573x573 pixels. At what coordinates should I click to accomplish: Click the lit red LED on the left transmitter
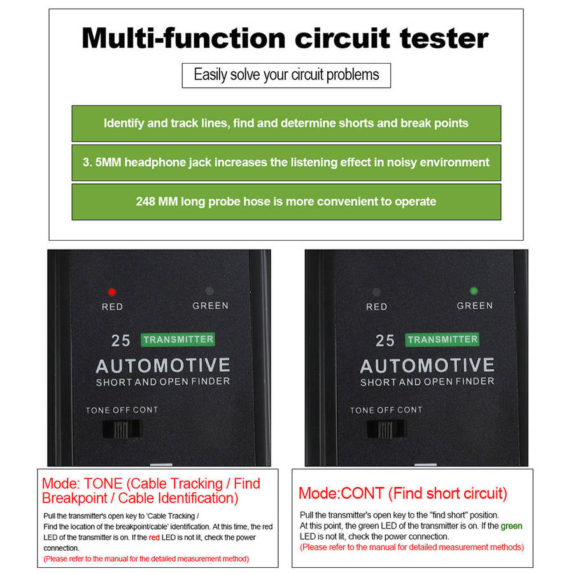pos(112,292)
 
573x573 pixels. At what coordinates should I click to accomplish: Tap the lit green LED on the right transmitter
pos(474,291)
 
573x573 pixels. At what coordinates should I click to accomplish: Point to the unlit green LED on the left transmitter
pos(209,291)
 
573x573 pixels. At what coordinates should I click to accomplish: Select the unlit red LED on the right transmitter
pos(376,292)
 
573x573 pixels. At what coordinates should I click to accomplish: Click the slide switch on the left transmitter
pos(122,429)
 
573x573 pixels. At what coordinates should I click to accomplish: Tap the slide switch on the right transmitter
pos(386,429)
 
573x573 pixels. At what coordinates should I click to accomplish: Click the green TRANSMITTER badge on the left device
pos(178,339)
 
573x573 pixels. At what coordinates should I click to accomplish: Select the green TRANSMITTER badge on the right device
pos(442,339)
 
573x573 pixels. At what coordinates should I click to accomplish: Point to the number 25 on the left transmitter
pos(120,341)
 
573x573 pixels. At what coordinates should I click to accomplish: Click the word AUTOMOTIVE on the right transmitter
pos(427,366)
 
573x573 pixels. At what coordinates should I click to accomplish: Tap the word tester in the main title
pos(444,38)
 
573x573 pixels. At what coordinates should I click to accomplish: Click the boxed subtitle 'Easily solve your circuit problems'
pos(286,76)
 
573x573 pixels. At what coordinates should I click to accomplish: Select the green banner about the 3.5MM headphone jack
pos(286,162)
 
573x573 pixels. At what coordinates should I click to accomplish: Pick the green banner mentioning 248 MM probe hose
pos(286,202)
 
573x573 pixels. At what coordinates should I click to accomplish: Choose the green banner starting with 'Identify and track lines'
pos(286,124)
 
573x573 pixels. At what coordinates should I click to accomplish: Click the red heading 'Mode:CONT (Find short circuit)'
pos(403,493)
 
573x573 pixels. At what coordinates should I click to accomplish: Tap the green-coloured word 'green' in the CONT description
pos(511,527)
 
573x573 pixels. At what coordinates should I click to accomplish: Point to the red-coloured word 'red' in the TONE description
pos(154,537)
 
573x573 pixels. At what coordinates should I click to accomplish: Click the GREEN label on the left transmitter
pos(210,306)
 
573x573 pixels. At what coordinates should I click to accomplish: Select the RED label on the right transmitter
pos(376,307)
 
